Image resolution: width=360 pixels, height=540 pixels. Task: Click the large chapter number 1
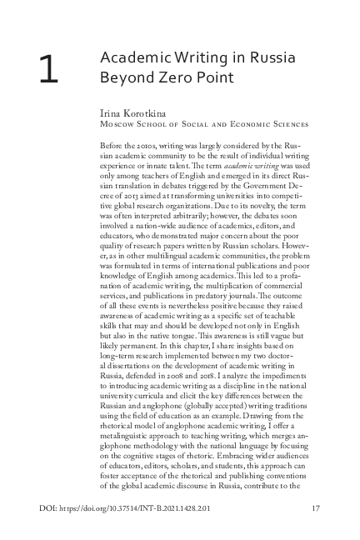tap(47, 71)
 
